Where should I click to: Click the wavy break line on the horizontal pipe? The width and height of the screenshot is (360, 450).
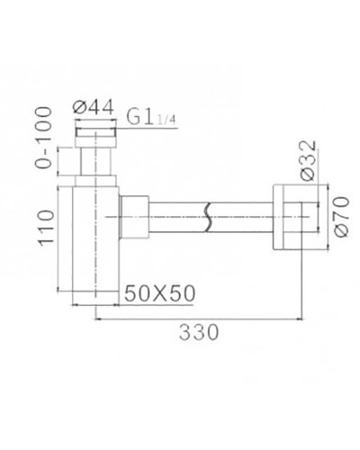209,217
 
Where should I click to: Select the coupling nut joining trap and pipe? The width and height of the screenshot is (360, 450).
132,217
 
